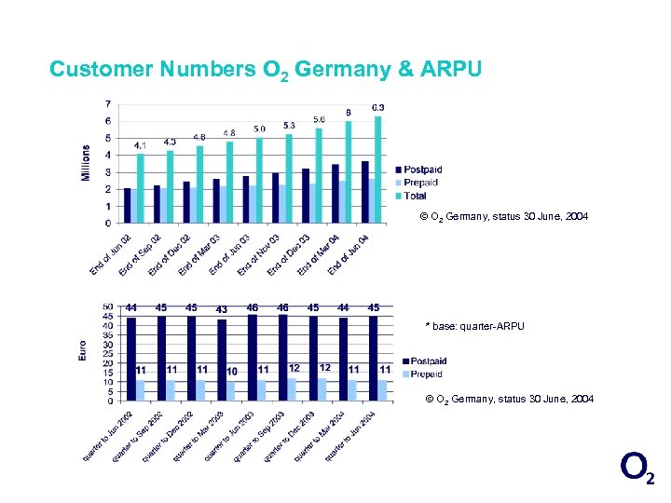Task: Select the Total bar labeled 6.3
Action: coord(378,168)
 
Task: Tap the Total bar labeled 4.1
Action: coord(141,186)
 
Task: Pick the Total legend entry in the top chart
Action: coord(415,196)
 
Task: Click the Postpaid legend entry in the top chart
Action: coord(419,170)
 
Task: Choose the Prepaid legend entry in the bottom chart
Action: coord(423,374)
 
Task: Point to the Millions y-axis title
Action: coord(87,163)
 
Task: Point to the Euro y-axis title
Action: coord(82,350)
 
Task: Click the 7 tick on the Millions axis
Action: coord(108,103)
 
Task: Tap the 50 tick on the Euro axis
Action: coord(108,306)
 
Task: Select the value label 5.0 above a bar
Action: coord(259,129)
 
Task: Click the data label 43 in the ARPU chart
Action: coord(221,309)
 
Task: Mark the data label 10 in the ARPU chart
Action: coord(232,371)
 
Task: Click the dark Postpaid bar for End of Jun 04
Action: coord(365,192)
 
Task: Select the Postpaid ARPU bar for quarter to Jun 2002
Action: coord(131,359)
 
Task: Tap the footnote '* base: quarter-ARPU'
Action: coord(475,326)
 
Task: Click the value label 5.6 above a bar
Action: coord(319,120)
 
